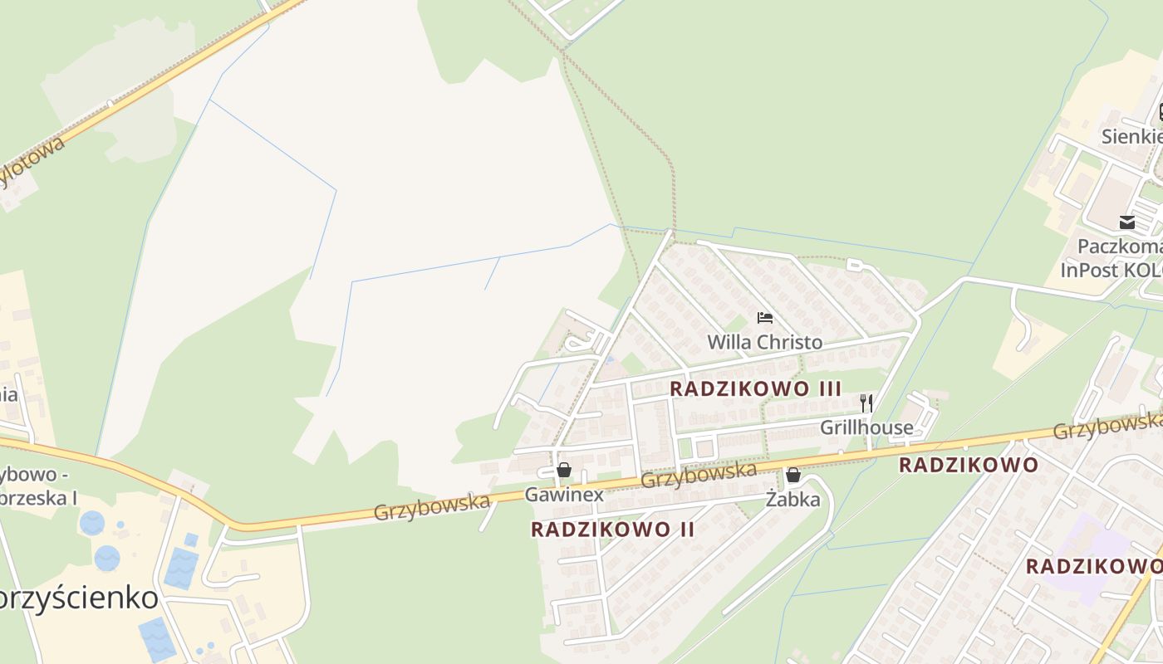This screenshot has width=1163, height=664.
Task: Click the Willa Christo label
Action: pos(764,342)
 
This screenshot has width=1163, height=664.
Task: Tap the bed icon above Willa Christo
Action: pos(765,318)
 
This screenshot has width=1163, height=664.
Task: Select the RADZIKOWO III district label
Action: pos(755,388)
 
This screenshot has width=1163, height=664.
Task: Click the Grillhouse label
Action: pos(866,427)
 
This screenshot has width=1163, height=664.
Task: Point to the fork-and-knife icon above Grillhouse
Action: pos(866,403)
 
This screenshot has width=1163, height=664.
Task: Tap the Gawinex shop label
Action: pos(564,495)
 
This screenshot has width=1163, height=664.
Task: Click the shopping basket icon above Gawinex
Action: pos(564,471)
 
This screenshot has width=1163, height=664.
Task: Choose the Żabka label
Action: pos(793,499)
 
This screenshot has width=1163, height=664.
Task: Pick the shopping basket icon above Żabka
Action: pos(793,475)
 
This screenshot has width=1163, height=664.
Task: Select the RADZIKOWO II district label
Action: pos(612,529)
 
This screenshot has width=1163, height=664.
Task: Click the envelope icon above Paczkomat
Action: pos(1127,222)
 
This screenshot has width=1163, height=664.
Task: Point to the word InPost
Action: pos(1090,271)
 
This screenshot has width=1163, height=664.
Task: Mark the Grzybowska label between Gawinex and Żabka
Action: pos(699,475)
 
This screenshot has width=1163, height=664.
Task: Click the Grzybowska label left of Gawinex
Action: pos(431,506)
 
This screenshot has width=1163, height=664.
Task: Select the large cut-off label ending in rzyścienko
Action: pos(79,598)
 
